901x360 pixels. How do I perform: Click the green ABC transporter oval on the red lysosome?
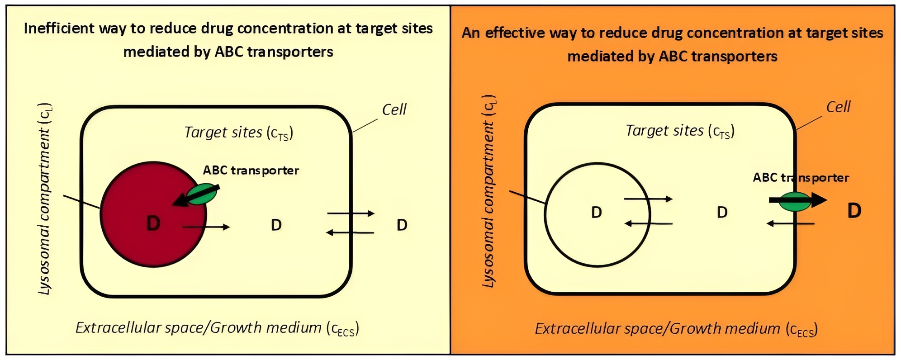point(202,194)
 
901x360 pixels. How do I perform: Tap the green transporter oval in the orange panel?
point(795,202)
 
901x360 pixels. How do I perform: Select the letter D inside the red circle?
point(153,223)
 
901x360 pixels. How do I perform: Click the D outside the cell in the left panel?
point(402,225)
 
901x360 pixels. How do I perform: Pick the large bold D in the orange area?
point(854,211)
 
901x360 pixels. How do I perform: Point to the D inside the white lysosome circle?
point(597,212)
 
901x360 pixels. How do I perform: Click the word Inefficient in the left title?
point(59,28)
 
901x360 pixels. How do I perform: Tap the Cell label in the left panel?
point(394,109)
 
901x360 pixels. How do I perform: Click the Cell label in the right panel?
point(838,107)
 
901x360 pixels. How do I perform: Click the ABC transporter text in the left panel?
point(251,171)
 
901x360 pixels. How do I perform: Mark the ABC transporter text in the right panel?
point(801,178)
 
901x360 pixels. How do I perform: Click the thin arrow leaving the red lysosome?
point(206,227)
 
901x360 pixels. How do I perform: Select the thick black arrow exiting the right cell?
point(798,199)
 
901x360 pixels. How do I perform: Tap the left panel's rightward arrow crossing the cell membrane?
point(351,213)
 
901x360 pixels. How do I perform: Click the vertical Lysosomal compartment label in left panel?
point(45,199)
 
